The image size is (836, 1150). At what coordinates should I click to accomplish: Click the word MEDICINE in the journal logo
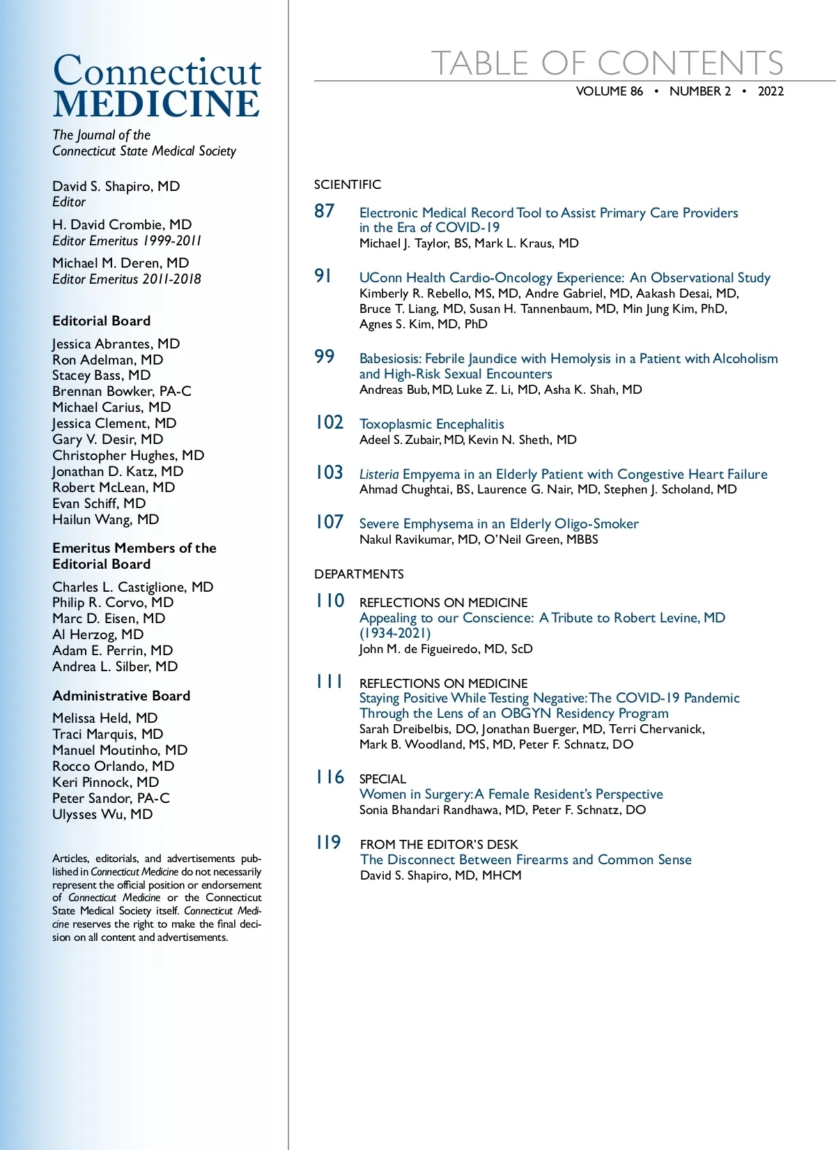point(156,105)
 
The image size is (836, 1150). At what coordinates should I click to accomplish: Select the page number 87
point(325,210)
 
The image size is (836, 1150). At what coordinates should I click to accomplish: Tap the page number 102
point(330,422)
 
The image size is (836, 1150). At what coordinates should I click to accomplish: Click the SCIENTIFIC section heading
point(348,185)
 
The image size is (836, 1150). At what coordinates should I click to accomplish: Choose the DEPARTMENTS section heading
point(359,574)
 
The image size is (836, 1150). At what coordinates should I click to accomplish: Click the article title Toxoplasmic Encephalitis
point(431,424)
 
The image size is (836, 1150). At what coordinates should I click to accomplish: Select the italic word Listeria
point(379,474)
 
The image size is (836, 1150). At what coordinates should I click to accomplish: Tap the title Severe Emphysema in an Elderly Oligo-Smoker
point(499,523)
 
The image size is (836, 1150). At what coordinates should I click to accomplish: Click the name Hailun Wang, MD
point(106,519)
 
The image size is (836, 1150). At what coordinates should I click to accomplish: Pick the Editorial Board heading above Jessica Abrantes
point(102,321)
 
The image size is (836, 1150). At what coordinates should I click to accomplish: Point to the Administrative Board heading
point(121,696)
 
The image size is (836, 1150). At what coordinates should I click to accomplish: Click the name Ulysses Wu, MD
point(102,814)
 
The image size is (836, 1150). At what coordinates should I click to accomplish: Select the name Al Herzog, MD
point(98,634)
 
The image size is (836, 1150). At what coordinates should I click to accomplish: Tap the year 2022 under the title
point(771,91)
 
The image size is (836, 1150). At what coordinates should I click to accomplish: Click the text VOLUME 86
point(610,91)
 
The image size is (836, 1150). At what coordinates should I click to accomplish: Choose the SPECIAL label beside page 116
point(382,779)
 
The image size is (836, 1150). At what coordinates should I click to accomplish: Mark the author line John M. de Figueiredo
point(446,649)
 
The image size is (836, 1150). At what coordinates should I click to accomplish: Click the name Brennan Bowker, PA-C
point(122,391)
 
